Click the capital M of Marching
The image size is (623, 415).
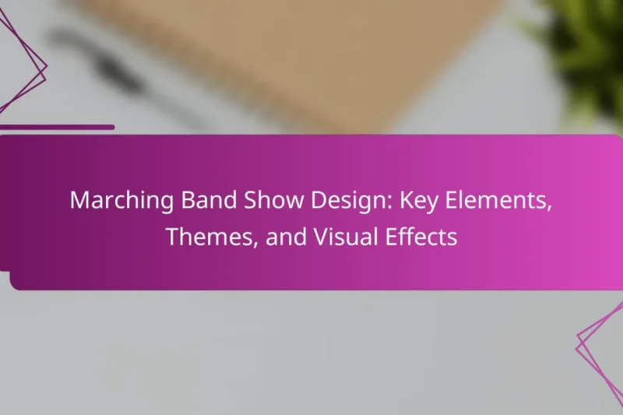[79, 200]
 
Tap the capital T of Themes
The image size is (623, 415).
[171, 237]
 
